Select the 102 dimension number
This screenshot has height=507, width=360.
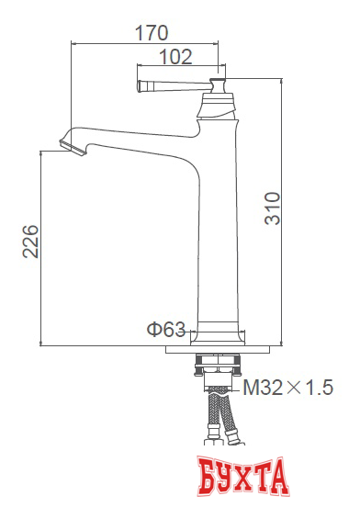click(x=174, y=57)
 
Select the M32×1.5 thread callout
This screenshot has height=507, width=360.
click(x=287, y=388)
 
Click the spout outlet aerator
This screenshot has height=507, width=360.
click(x=70, y=145)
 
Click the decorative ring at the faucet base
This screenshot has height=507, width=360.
click(x=219, y=327)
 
